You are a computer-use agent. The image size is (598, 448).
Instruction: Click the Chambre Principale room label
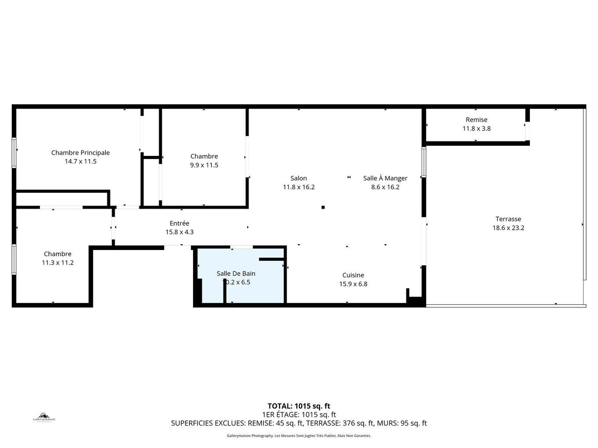(80, 152)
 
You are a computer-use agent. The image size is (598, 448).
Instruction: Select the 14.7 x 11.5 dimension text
(80, 161)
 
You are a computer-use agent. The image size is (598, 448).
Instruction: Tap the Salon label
(299, 178)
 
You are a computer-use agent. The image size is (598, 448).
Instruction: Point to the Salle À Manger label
(385, 178)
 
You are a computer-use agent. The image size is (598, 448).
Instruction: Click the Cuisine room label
(353, 275)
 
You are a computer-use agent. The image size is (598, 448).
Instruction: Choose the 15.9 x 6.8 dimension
(353, 284)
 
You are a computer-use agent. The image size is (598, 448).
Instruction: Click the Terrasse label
(508, 219)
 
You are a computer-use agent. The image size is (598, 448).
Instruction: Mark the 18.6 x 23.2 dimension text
(508, 228)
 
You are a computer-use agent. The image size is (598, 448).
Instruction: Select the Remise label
(477, 119)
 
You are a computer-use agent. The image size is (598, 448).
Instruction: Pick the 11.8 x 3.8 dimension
(477, 128)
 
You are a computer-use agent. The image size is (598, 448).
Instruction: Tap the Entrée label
(179, 223)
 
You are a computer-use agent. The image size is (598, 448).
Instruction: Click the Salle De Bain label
(236, 273)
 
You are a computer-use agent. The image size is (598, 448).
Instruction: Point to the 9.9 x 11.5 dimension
(204, 165)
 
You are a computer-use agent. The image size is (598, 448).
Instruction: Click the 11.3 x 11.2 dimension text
(58, 263)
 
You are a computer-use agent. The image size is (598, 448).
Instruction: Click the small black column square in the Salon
(323, 207)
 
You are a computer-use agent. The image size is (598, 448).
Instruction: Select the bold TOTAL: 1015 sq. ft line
(299, 406)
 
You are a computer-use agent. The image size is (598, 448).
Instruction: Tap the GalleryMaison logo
(44, 418)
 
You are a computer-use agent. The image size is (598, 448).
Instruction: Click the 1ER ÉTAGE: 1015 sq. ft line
(299, 415)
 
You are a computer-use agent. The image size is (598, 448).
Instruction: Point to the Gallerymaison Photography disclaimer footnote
(299, 436)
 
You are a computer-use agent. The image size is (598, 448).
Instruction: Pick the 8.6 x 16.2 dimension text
(385, 187)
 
